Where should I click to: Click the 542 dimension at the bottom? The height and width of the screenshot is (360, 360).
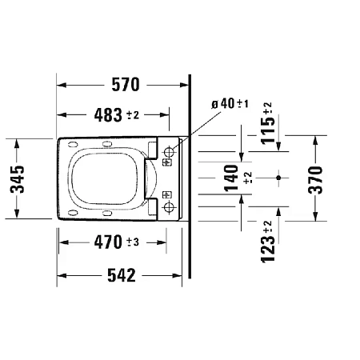click(122, 274)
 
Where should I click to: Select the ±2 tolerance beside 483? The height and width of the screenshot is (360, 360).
click(133, 116)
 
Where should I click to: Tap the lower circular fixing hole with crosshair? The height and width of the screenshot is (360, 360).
click(168, 208)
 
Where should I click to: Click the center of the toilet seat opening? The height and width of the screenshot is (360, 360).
click(104, 179)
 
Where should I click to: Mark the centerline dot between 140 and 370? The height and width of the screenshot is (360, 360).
click(278, 175)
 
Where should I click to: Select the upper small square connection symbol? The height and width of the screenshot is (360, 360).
click(168, 163)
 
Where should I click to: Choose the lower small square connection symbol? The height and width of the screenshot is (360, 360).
click(168, 194)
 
